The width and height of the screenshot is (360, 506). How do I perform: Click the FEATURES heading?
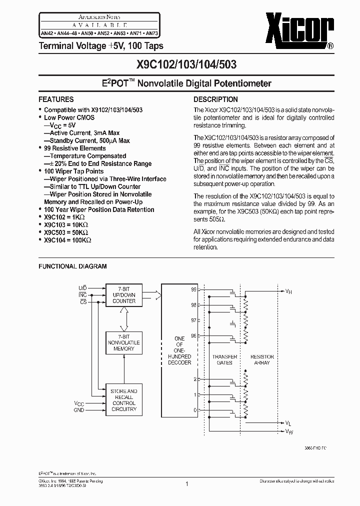tap(56, 99)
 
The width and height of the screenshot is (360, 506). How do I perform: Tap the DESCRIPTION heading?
tap(215, 99)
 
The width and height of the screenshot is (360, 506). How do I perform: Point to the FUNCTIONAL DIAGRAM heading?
tap(72, 266)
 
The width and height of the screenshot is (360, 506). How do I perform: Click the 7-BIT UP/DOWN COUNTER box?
tap(123, 295)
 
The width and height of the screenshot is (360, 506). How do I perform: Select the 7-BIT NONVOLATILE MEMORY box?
tap(123, 342)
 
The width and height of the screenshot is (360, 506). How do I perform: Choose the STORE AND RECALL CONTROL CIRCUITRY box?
tap(123, 400)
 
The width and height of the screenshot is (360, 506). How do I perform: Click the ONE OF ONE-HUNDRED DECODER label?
tap(179, 350)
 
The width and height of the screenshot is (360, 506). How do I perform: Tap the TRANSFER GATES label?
tap(224, 359)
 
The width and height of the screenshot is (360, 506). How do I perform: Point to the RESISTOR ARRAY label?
tap(262, 359)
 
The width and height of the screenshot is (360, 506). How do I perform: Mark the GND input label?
tap(79, 410)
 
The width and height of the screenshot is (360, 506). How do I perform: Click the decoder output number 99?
tap(193, 289)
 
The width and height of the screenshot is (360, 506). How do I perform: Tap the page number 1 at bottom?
tap(186, 483)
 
